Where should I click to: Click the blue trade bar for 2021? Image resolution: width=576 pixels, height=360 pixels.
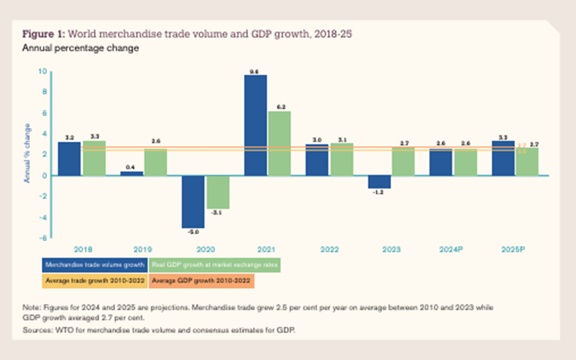click(x=255, y=125)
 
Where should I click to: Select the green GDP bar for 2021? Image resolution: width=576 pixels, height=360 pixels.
click(x=279, y=143)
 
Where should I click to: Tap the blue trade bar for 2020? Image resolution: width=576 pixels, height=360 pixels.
click(x=193, y=201)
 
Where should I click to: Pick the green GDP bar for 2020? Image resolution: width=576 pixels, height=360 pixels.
click(x=218, y=192)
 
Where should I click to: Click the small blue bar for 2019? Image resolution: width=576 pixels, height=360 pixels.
click(x=131, y=173)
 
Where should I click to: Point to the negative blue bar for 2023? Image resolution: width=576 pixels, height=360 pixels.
click(x=379, y=182)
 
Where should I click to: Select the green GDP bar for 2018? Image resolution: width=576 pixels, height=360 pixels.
click(x=94, y=158)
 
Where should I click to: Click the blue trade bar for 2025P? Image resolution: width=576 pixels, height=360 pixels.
click(x=503, y=158)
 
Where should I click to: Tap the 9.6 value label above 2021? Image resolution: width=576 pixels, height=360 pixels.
click(x=255, y=71)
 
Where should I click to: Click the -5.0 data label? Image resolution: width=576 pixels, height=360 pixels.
click(x=193, y=232)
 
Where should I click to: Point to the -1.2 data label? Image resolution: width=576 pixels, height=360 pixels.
click(x=379, y=193)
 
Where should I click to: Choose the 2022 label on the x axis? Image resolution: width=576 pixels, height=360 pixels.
click(x=329, y=250)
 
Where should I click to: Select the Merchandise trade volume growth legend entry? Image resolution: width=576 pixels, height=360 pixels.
click(x=95, y=265)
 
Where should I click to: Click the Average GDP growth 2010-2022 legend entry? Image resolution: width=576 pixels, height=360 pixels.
click(x=201, y=281)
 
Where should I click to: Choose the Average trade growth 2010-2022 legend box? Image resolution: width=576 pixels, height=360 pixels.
click(x=95, y=281)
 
